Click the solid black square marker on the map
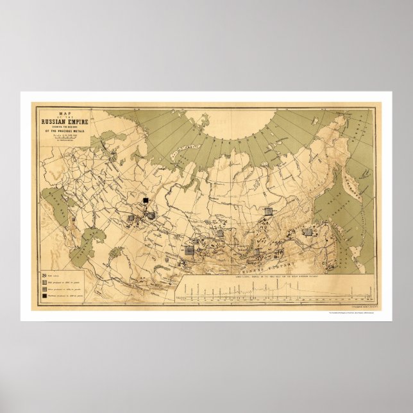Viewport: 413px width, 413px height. click(146, 201)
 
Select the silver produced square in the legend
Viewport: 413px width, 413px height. click(45, 288)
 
